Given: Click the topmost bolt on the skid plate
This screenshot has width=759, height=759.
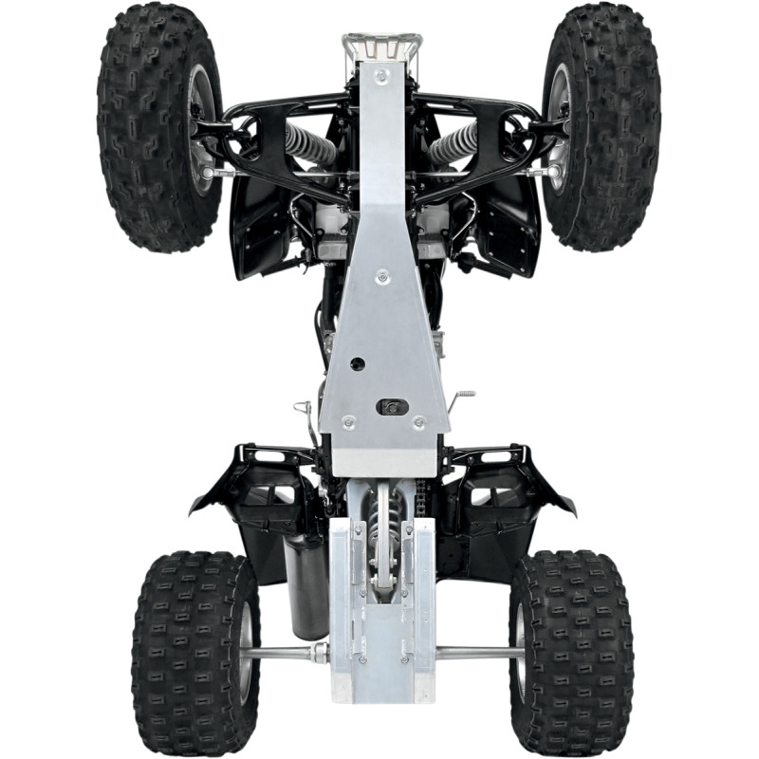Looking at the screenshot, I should [x=381, y=73].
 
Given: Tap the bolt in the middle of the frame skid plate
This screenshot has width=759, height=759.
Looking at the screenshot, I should [x=381, y=277].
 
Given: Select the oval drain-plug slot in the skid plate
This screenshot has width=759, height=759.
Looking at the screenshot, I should [x=392, y=406].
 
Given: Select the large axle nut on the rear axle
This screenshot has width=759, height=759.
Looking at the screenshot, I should [x=321, y=652].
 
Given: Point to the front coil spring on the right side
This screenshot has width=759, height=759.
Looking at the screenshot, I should [x=454, y=142].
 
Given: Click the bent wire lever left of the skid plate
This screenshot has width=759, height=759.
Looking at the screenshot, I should [x=305, y=414].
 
